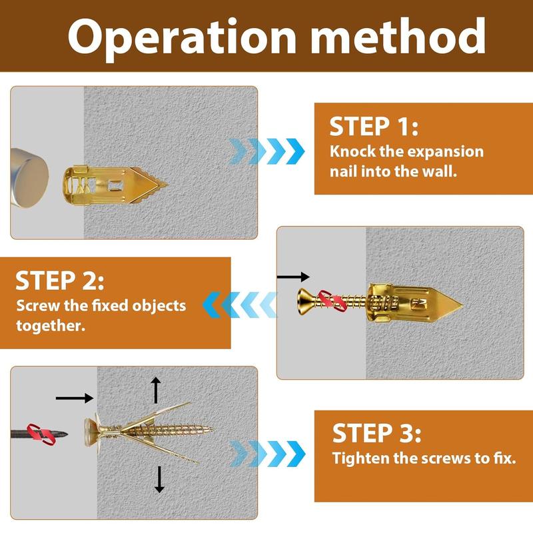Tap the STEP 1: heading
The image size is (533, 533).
click(374, 127)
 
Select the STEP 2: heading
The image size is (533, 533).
click(60, 280)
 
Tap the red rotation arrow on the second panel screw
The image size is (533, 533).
click(332, 301)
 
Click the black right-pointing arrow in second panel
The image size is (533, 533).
click(293, 276)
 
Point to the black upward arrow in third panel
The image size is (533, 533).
click(156, 390)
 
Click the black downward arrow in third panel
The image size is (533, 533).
click(159, 479)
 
